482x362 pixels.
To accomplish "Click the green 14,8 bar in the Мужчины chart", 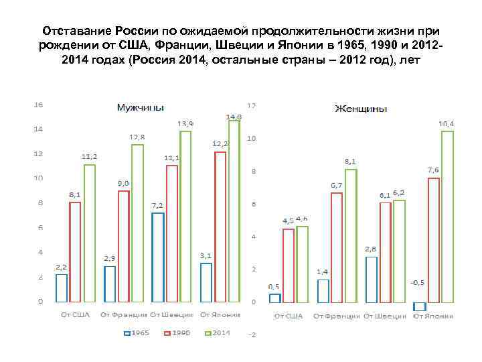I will [x=234, y=211].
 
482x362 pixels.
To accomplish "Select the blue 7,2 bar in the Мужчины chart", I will [x=158, y=257].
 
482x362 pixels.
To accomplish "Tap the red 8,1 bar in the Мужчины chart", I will [x=75, y=251].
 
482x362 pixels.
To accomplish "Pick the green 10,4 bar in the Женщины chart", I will [x=448, y=216].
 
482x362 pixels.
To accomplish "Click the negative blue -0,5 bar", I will [x=420, y=306].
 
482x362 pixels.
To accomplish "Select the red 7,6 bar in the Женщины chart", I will [x=434, y=239].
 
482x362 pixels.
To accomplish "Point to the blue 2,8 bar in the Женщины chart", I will [x=372, y=279].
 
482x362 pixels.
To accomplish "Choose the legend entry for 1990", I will [x=176, y=333].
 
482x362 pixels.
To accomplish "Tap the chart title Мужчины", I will [x=140, y=107].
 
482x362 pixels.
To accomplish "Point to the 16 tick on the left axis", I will [x=39, y=105].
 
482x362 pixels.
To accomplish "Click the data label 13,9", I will [x=185, y=124].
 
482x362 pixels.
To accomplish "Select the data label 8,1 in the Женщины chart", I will [x=350, y=162].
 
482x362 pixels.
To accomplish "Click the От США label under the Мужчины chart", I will [x=75, y=314].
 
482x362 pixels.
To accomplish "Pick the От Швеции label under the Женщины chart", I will [x=385, y=315].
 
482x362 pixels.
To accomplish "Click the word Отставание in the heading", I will [x=76, y=32].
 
